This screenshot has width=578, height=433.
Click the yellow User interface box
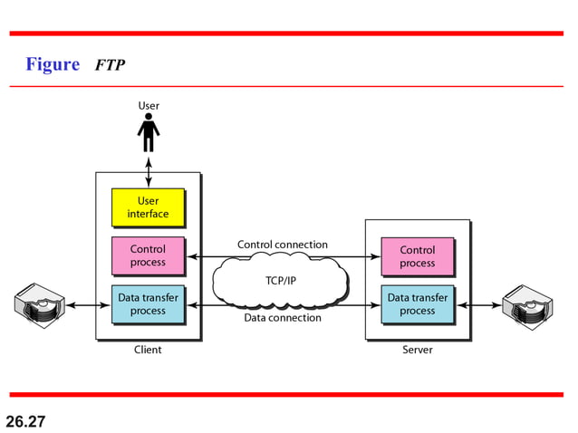click(x=148, y=207)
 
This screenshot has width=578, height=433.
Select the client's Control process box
click(x=148, y=255)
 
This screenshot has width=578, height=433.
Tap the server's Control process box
click(x=417, y=256)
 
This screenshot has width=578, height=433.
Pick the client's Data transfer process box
click(x=148, y=303)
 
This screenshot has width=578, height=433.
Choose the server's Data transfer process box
click(x=417, y=303)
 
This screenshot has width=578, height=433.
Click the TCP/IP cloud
click(x=281, y=280)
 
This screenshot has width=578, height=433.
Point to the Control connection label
click(x=283, y=245)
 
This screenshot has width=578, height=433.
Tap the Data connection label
click(x=283, y=318)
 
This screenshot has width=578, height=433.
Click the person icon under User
click(x=149, y=134)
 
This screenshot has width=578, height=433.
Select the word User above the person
click(x=149, y=106)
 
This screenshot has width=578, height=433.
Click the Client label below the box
click(x=148, y=350)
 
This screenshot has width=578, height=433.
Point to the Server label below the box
click(x=418, y=350)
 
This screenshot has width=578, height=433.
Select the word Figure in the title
click(x=53, y=64)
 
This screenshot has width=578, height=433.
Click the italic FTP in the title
click(x=110, y=65)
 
